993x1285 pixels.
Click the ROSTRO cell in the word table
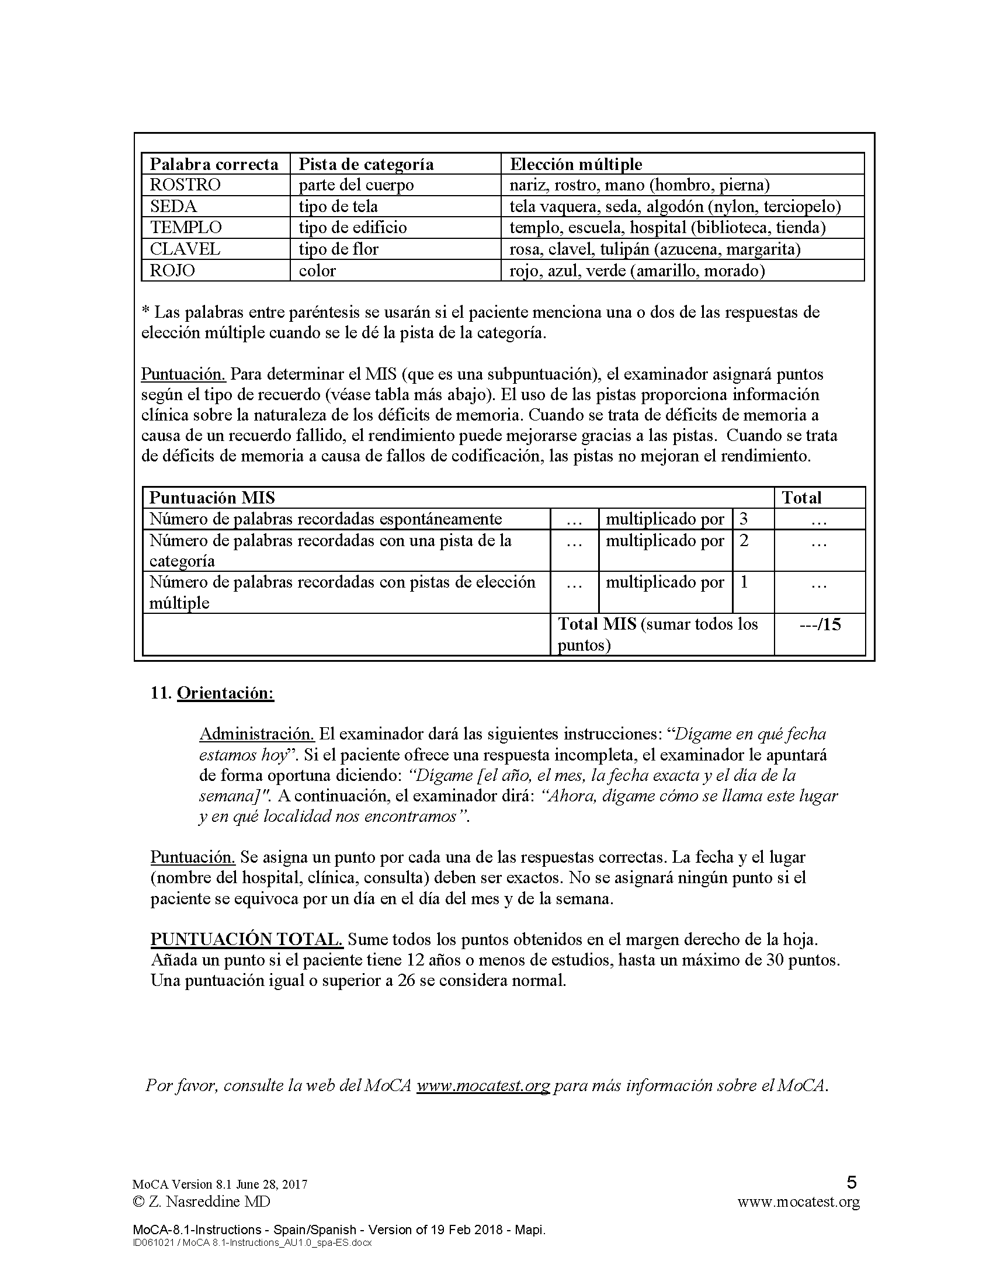pos(185,185)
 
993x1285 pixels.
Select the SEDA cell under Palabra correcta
pos(173,207)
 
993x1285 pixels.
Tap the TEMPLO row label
pos(186,228)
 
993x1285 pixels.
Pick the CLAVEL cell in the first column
pos(185,249)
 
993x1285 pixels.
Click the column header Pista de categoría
pos(366,164)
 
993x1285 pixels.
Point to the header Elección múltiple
pos(575,164)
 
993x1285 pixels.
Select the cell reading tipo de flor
pos(338,249)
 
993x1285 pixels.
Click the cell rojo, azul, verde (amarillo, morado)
pos(637,270)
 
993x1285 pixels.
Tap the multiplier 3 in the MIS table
pos(744,519)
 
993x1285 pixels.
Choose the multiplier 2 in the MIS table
pos(744,540)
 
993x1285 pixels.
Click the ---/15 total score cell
pos(820,624)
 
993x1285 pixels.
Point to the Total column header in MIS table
pos(801,498)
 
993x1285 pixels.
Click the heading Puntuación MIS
pos(213,498)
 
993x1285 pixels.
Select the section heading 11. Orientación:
pos(213,693)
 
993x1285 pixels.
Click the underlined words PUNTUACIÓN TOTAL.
pos(246,939)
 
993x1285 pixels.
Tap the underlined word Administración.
pos(258,734)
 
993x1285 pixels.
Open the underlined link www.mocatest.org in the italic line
pos(483,1086)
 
